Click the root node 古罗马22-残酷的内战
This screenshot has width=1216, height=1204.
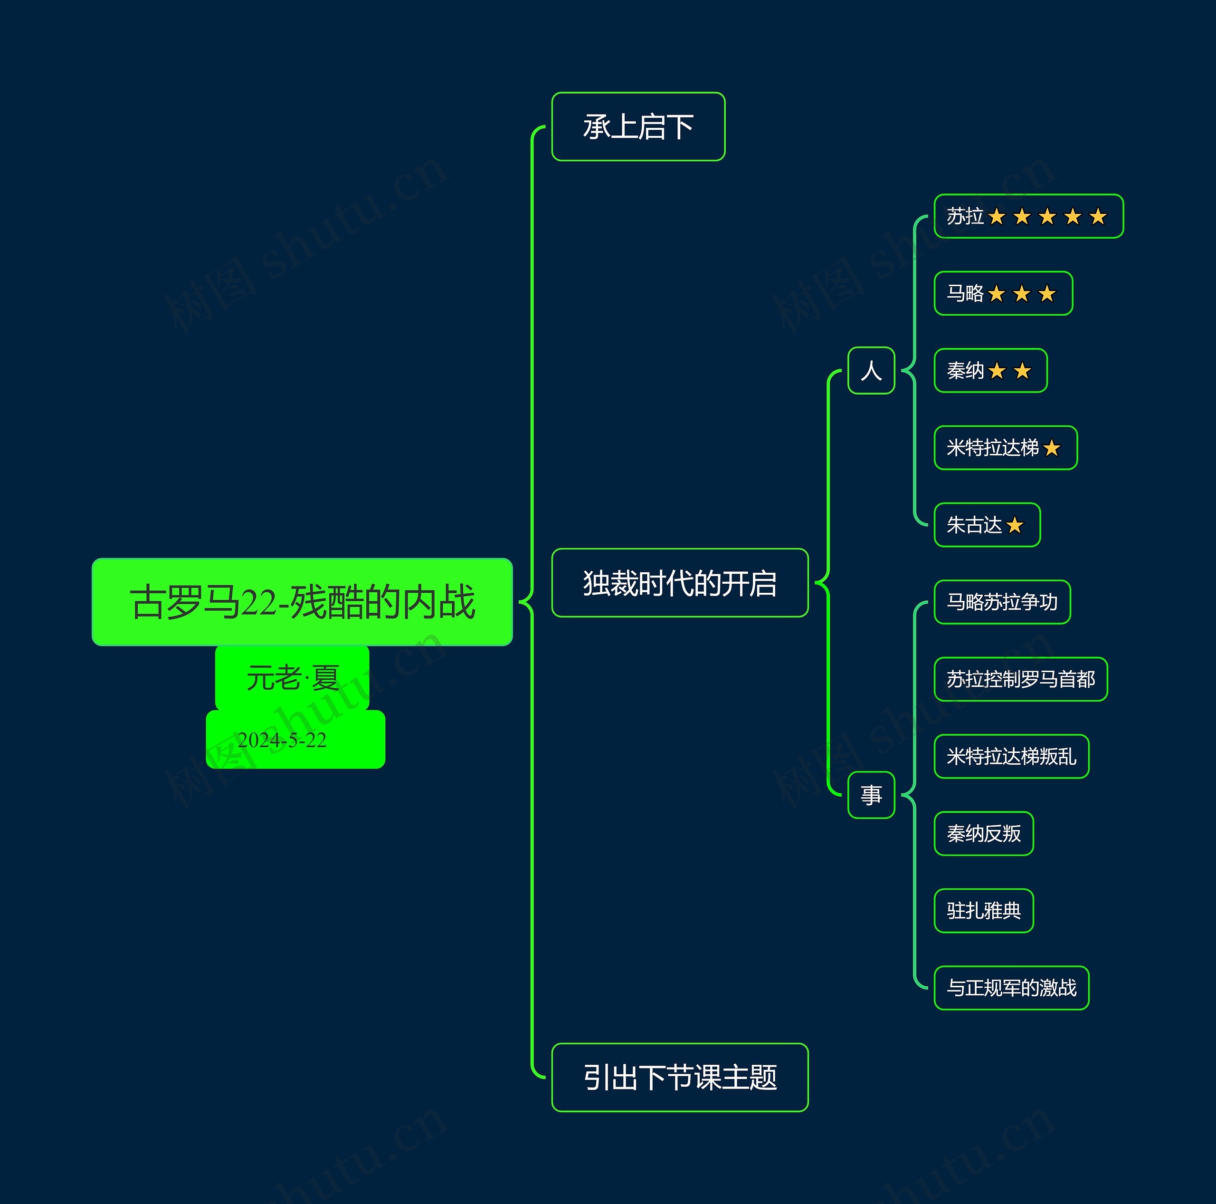(x=302, y=602)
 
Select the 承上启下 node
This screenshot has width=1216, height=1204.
(x=638, y=126)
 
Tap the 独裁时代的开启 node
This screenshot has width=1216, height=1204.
(x=680, y=583)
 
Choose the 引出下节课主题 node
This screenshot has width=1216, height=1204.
(x=680, y=1078)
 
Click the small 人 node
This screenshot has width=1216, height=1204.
(x=871, y=371)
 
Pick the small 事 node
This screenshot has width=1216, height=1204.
(x=871, y=795)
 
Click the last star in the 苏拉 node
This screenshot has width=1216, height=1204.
(x=1098, y=217)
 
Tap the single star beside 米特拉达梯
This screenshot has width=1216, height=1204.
(x=1052, y=448)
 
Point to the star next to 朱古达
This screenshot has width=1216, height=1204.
(x=1015, y=525)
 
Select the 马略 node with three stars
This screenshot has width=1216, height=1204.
(x=1003, y=293)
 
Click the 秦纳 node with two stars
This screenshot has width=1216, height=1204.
(x=990, y=371)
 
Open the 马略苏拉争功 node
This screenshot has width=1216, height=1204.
(x=1002, y=602)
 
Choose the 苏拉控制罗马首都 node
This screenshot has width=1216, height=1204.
(x=1020, y=679)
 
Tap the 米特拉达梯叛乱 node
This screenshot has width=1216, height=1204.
(x=1011, y=756)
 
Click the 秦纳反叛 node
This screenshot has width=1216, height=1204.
(x=984, y=834)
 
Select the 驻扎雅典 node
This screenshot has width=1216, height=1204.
(x=984, y=911)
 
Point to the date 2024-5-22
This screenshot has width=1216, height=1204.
(x=283, y=740)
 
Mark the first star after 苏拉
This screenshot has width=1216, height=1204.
(x=997, y=217)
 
